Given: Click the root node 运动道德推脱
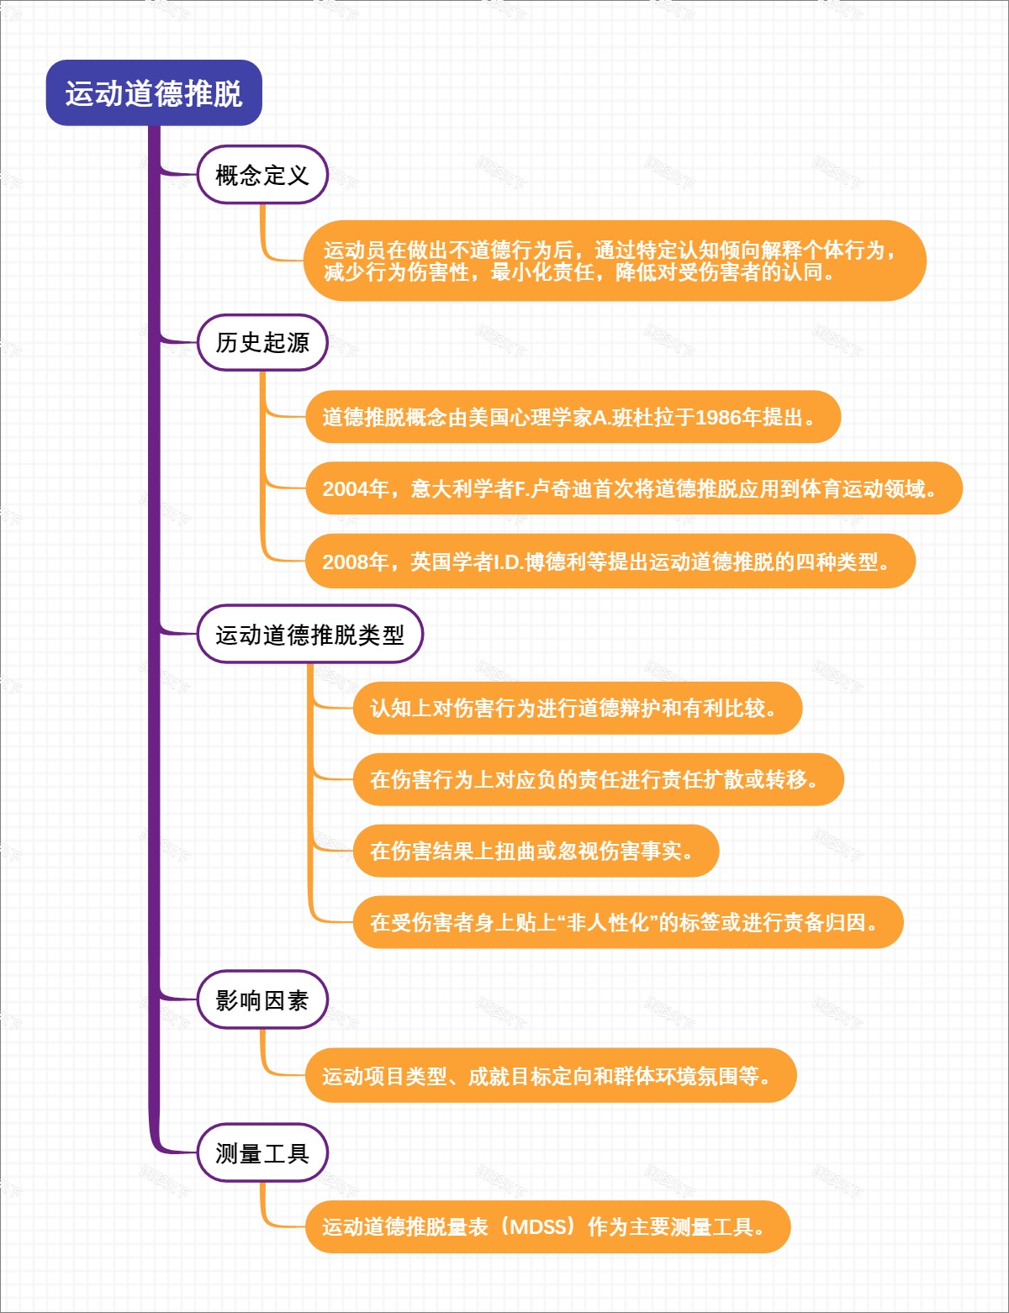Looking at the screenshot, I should (154, 93).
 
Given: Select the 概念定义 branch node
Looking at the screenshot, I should (262, 175).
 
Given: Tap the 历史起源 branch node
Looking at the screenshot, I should (262, 342).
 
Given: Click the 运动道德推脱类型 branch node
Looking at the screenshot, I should (309, 635).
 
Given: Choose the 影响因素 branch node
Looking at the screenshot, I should (262, 1000).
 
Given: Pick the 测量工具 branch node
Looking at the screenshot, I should (262, 1153).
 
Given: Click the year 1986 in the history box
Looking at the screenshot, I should (719, 418).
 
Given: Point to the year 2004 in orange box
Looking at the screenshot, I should (345, 489).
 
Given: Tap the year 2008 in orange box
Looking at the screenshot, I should (345, 562).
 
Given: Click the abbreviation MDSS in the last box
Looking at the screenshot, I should (538, 1227).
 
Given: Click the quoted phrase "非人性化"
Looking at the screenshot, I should (606, 923).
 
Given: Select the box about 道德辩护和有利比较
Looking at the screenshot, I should (577, 709).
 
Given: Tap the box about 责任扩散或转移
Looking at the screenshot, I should (597, 780).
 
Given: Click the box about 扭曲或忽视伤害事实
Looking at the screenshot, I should (535, 852).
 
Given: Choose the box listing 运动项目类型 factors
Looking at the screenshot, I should (550, 1076).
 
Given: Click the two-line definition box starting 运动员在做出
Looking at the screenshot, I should (614, 261).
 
